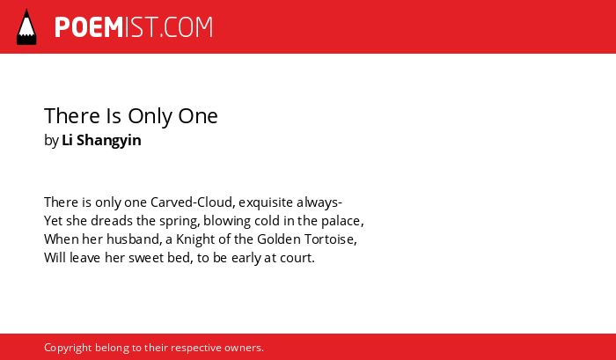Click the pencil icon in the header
[x=26, y=27]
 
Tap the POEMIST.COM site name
[x=134, y=27]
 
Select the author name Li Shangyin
[x=101, y=140]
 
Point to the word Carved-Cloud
[x=193, y=202]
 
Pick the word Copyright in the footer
[x=68, y=348]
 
